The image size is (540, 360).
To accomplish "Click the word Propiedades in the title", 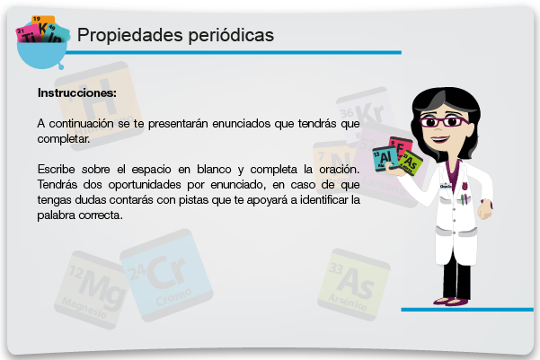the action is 130,35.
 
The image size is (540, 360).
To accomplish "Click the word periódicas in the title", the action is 231,35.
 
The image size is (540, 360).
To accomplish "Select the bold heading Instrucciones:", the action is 77,93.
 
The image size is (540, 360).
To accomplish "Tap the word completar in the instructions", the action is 64,138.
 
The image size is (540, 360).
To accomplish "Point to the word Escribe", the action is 56,169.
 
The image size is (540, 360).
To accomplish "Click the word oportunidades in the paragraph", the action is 145,185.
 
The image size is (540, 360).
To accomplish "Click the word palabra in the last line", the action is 56,215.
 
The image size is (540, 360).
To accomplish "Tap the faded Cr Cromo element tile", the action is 166,276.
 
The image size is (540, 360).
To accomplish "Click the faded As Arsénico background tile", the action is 354,285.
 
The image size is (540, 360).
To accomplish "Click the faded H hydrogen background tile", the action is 99,105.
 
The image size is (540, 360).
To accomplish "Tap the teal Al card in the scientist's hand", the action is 385,158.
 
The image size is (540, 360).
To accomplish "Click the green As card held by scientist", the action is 411,162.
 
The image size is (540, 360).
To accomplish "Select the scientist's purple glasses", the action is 444,122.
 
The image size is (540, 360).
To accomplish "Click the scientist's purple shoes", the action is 452,302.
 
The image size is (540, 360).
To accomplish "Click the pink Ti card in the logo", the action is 29,35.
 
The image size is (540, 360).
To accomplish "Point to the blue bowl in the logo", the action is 41,55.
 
